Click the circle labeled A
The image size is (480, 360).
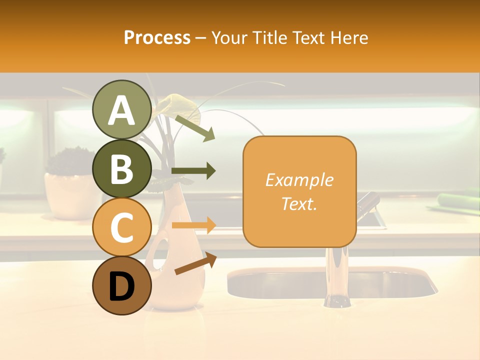[121, 109]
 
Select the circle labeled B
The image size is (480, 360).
[121, 168]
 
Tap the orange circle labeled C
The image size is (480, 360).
[121, 227]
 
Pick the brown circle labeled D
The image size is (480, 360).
[121, 285]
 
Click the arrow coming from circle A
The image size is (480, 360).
[194, 128]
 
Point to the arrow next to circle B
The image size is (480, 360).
[193, 171]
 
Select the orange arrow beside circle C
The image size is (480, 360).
[193, 225]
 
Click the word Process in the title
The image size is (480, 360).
[157, 37]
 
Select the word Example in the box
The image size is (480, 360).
[299, 180]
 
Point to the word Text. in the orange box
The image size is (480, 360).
[299, 203]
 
